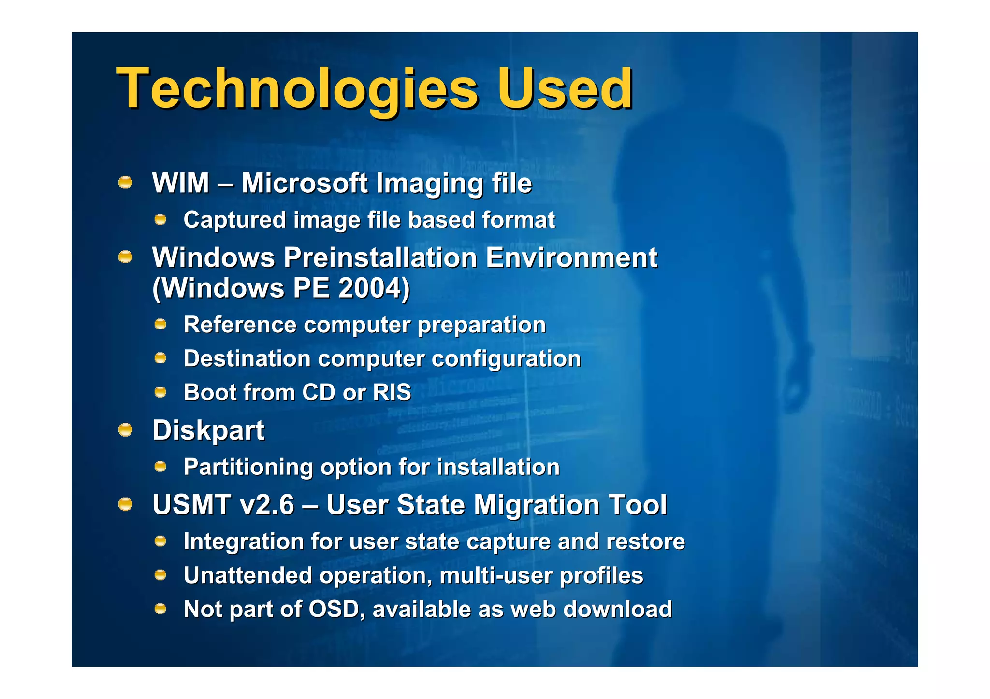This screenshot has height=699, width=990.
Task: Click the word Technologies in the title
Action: (x=297, y=89)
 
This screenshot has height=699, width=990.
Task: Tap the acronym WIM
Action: (x=181, y=184)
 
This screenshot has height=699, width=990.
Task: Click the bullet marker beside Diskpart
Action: (x=126, y=429)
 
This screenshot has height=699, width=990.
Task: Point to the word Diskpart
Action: (x=208, y=430)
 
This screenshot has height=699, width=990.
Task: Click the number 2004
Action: (x=371, y=288)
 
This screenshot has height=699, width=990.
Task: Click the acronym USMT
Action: (x=191, y=505)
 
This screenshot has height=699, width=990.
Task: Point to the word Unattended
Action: (x=247, y=575)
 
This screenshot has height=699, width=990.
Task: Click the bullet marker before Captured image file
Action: (x=160, y=220)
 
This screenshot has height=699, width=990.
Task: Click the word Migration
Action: (x=537, y=505)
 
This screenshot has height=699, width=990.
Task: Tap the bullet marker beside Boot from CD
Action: (x=160, y=392)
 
